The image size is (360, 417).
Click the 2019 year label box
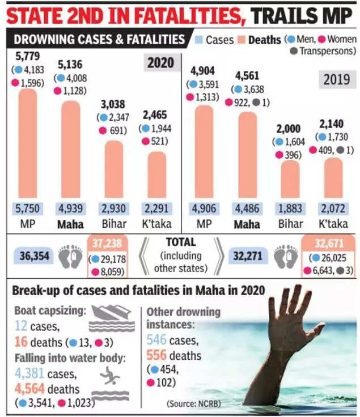coord(336,79)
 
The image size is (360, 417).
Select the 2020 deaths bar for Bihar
coord(114,170)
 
